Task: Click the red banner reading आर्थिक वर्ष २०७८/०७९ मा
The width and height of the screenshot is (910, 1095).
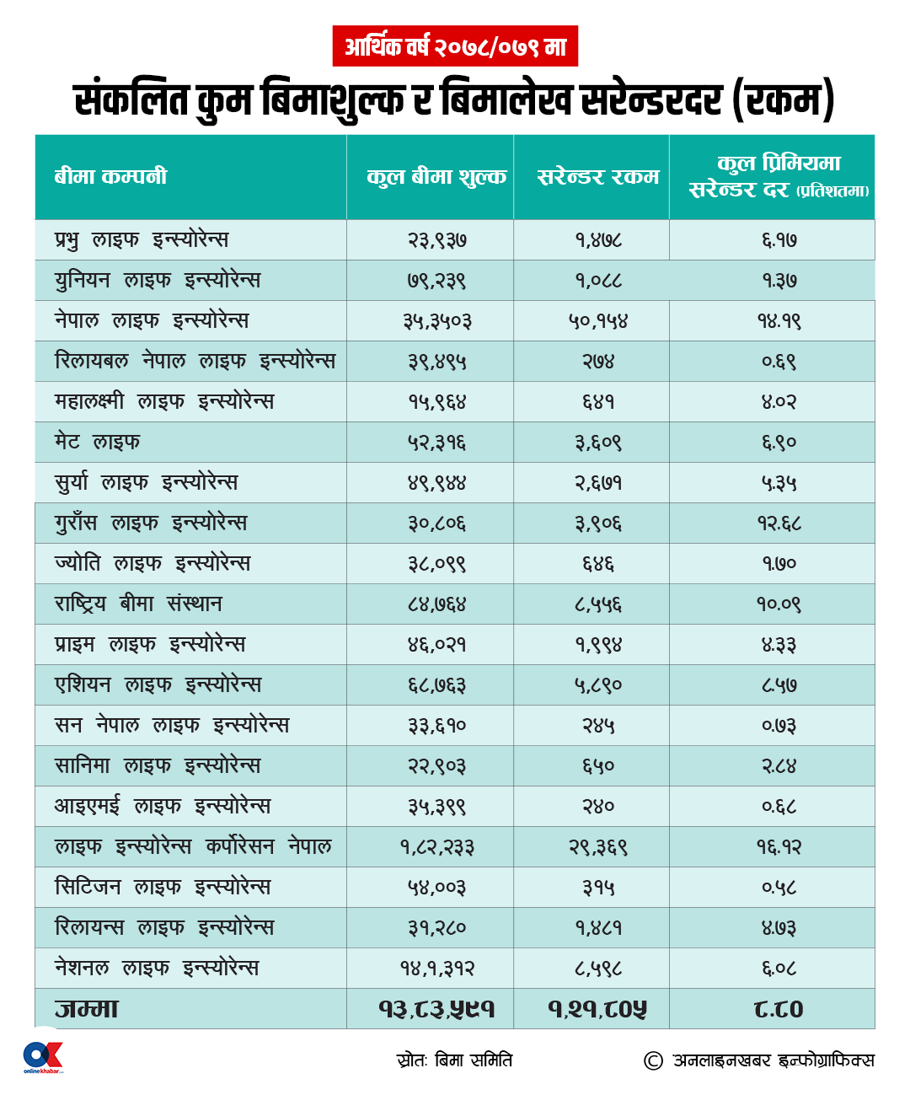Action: pos(455,46)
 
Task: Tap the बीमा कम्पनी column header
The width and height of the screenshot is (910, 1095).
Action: pos(110,176)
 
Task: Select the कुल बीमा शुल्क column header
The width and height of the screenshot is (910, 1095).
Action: pos(436,177)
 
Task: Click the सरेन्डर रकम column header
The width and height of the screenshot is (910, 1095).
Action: pos(598,177)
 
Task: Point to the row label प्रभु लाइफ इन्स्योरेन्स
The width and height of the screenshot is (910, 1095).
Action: pos(142,239)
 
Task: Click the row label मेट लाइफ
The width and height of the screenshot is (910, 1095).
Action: pos(98,442)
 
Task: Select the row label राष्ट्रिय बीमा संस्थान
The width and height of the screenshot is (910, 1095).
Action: pos(138,603)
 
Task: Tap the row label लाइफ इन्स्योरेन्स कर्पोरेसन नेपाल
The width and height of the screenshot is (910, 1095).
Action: pos(194,845)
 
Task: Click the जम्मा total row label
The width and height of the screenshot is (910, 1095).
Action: pos(87,1008)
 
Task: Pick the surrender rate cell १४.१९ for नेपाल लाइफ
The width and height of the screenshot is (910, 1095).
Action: pos(779,320)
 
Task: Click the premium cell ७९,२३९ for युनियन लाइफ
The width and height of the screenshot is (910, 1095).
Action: pos(436,281)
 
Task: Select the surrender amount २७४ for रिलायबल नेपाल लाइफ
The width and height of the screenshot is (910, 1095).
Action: pos(598,362)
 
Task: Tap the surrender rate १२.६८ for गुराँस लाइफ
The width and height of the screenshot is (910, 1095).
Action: pos(779,523)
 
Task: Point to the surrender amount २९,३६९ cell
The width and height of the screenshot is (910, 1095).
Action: pos(598,847)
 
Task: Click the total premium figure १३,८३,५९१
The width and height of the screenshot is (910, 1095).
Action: pos(436,1008)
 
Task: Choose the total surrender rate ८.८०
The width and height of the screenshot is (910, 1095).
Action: pos(779,1008)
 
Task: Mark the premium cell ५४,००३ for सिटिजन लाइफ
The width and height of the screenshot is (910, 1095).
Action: pos(436,888)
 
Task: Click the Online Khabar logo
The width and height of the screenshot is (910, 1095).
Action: pos(43,1056)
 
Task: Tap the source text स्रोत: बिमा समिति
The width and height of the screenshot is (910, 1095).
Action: pos(454,1060)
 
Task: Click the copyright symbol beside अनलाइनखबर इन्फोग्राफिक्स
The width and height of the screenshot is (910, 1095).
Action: pos(653,1060)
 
